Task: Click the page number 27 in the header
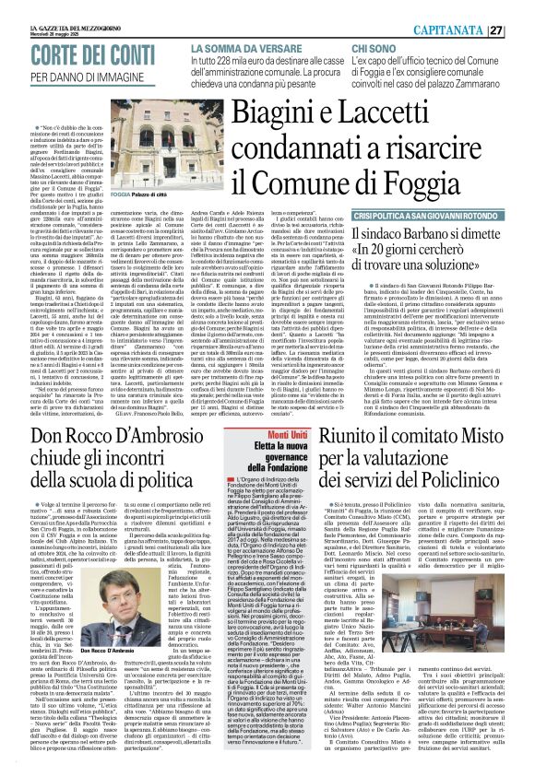[x=521, y=29]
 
